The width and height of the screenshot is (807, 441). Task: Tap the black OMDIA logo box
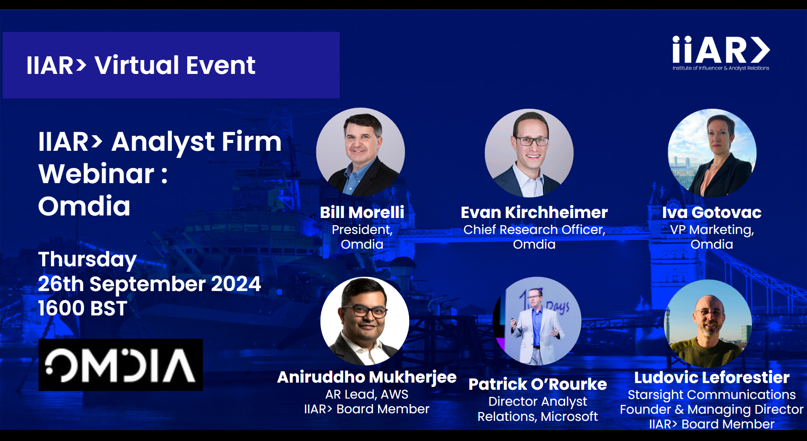[121, 365]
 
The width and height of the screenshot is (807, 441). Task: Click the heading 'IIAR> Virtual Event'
[141, 65]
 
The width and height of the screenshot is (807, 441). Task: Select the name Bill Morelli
[362, 213]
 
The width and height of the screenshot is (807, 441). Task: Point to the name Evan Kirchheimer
[534, 213]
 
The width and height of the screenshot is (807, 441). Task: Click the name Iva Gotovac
[712, 213]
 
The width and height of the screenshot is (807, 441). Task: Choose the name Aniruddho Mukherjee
[367, 377]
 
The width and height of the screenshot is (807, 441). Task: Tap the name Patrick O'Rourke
[538, 384]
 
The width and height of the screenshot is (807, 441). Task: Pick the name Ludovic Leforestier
[712, 377]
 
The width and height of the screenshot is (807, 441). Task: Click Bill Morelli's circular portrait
[360, 152]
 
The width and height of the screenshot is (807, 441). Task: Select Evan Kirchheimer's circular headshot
[529, 153]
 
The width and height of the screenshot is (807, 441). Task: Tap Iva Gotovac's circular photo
[712, 153]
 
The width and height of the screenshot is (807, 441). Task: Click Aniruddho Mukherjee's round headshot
[365, 321]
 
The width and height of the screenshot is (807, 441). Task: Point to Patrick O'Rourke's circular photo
[537, 321]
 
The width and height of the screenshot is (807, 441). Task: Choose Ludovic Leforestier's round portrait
[708, 323]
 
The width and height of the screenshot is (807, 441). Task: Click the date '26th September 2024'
[150, 284]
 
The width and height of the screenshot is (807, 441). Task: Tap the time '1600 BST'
[82, 308]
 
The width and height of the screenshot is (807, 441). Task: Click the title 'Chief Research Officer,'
[534, 230]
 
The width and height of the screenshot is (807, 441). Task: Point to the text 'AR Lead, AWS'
[367, 394]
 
